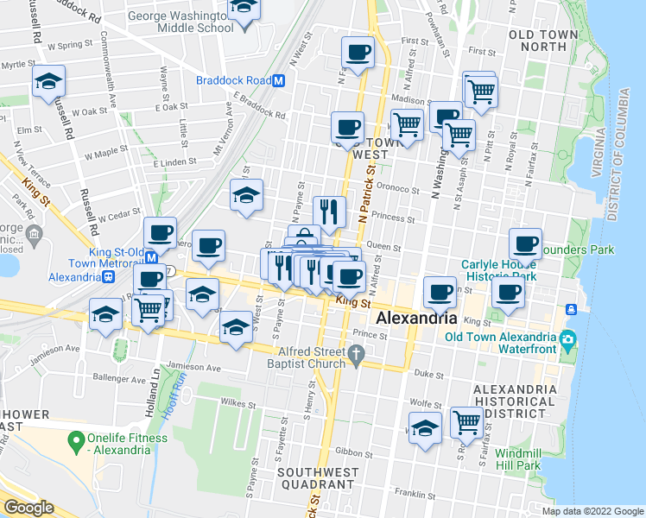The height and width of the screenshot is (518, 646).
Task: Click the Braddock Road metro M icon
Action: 279,81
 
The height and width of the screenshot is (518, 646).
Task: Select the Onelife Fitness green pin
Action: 78,438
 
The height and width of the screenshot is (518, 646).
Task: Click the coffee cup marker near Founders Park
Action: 525,245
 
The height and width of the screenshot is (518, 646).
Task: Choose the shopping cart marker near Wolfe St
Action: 466,423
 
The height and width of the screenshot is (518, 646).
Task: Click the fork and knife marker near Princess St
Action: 329,212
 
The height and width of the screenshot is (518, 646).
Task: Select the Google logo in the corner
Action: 28,508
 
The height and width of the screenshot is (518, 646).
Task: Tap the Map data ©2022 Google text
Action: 592,511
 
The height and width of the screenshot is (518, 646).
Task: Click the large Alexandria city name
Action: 420,318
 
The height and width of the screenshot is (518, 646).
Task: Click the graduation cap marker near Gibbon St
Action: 425,428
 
